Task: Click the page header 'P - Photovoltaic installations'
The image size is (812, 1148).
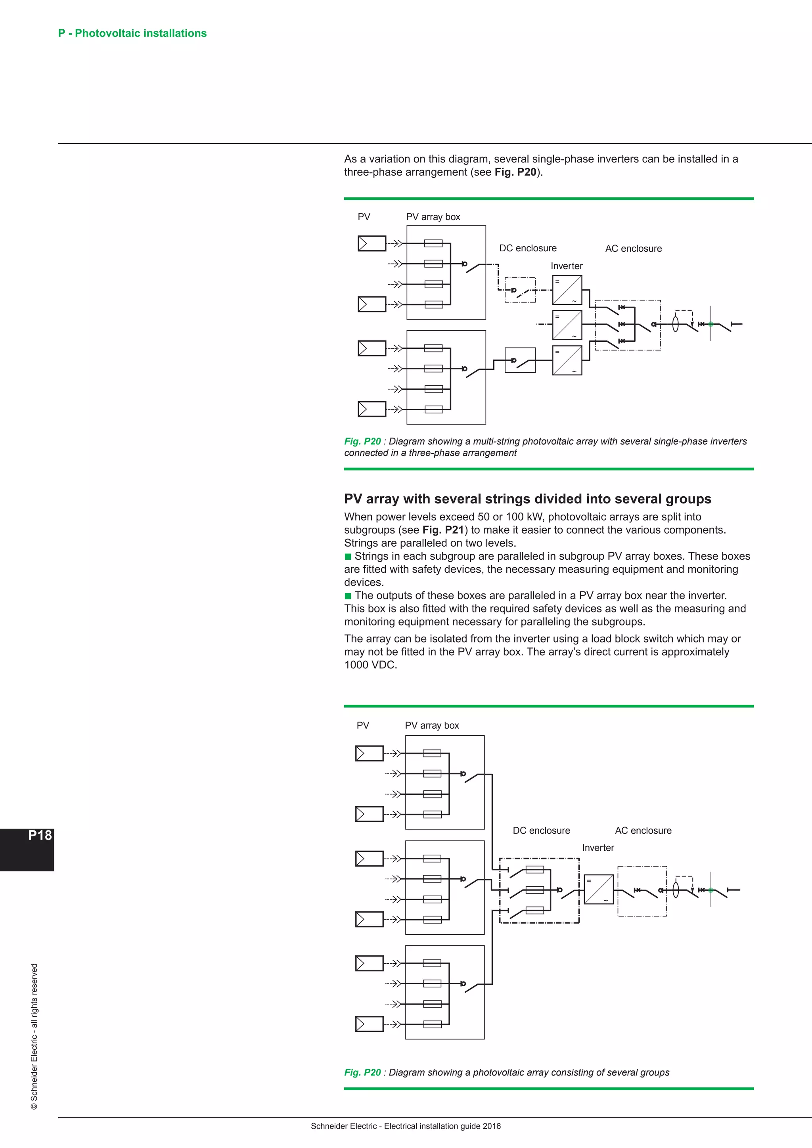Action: (132, 33)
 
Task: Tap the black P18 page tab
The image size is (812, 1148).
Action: (27, 850)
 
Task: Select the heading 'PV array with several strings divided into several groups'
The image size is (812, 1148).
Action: (527, 499)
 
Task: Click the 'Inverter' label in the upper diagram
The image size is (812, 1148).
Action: (567, 266)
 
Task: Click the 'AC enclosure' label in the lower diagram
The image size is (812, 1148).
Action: (643, 830)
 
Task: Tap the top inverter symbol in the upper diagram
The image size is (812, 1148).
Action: (567, 290)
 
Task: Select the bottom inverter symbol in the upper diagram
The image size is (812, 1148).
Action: (567, 360)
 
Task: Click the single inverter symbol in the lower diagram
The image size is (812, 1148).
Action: (599, 890)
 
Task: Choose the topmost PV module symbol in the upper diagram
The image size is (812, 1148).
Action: (372, 243)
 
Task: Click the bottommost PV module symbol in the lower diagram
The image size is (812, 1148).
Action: (369, 1024)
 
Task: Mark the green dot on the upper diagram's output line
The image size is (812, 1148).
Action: (710, 324)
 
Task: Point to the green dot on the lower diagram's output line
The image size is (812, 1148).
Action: (710, 890)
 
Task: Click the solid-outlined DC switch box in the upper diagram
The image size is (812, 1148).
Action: (520, 360)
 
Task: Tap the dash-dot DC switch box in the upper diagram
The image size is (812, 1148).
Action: (520, 290)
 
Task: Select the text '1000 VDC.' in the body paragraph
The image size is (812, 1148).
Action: (370, 665)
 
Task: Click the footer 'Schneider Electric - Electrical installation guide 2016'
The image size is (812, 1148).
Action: (406, 1126)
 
